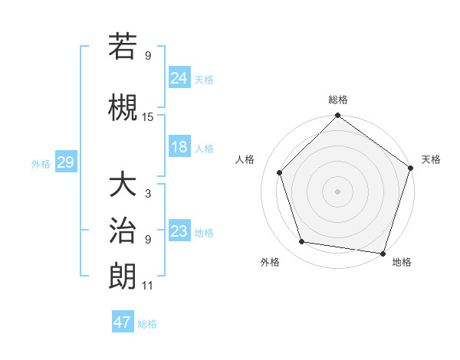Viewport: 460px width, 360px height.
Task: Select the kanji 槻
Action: click(x=123, y=107)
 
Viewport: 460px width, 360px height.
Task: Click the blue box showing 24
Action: click(x=179, y=77)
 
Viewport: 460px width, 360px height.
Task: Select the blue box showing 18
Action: click(x=179, y=148)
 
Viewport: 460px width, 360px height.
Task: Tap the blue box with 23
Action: click(x=179, y=231)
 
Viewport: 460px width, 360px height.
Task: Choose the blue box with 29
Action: click(x=65, y=162)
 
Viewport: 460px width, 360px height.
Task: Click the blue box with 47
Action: click(x=123, y=322)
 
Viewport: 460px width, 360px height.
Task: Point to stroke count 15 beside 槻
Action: click(x=148, y=117)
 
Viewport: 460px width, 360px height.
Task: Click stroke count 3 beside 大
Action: click(x=148, y=195)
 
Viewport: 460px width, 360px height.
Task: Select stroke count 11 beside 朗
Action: click(x=148, y=286)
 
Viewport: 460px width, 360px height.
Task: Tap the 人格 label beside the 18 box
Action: click(x=204, y=149)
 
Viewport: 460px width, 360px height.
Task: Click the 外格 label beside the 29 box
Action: click(x=40, y=163)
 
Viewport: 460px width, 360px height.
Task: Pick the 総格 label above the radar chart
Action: click(x=338, y=100)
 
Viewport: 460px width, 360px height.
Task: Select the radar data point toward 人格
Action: click(x=280, y=172)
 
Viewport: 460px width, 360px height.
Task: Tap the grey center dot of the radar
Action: click(x=338, y=191)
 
